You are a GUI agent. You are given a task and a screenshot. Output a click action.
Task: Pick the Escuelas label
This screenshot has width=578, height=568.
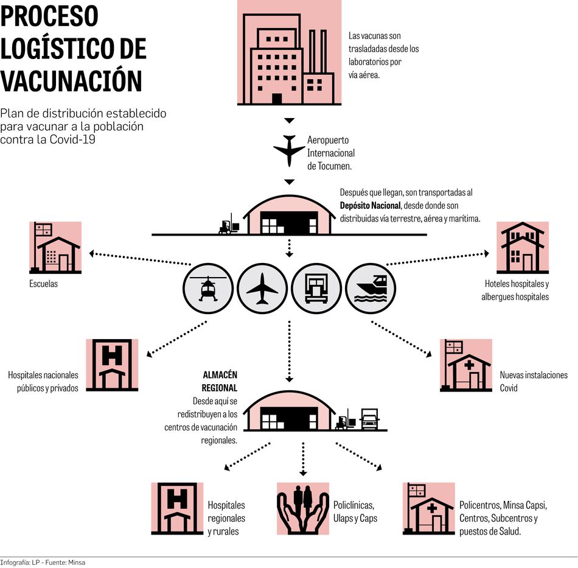tap(44, 284)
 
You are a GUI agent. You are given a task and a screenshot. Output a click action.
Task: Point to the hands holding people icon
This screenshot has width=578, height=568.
tap(303, 508)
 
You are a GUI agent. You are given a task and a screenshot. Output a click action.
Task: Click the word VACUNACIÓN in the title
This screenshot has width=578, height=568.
tap(71, 80)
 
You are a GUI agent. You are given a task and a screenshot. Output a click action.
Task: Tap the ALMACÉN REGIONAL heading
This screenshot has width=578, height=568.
tap(220, 381)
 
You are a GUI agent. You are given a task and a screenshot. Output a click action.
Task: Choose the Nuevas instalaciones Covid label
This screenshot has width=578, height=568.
tap(534, 381)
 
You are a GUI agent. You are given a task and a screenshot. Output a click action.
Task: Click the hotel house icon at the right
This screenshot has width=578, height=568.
tap(523, 247)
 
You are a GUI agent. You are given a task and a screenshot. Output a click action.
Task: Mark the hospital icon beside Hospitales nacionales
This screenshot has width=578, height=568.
tap(112, 365)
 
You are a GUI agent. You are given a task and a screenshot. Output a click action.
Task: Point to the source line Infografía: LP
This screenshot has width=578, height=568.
tap(43, 563)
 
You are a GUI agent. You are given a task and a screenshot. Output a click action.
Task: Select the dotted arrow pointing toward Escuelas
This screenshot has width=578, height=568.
tap(140, 258)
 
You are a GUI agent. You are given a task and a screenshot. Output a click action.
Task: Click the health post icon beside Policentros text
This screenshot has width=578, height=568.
tap(429, 508)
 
